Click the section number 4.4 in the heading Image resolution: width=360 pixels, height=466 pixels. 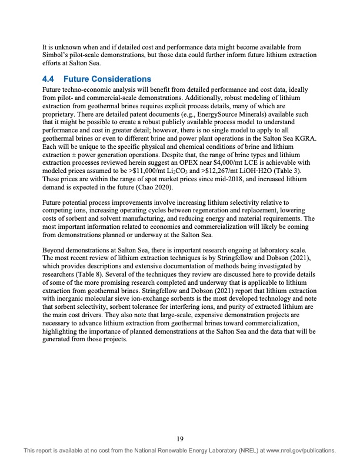[x=50, y=79]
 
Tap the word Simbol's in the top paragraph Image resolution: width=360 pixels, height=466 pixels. [x=58, y=56]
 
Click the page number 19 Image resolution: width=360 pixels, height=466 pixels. [x=180, y=438]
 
